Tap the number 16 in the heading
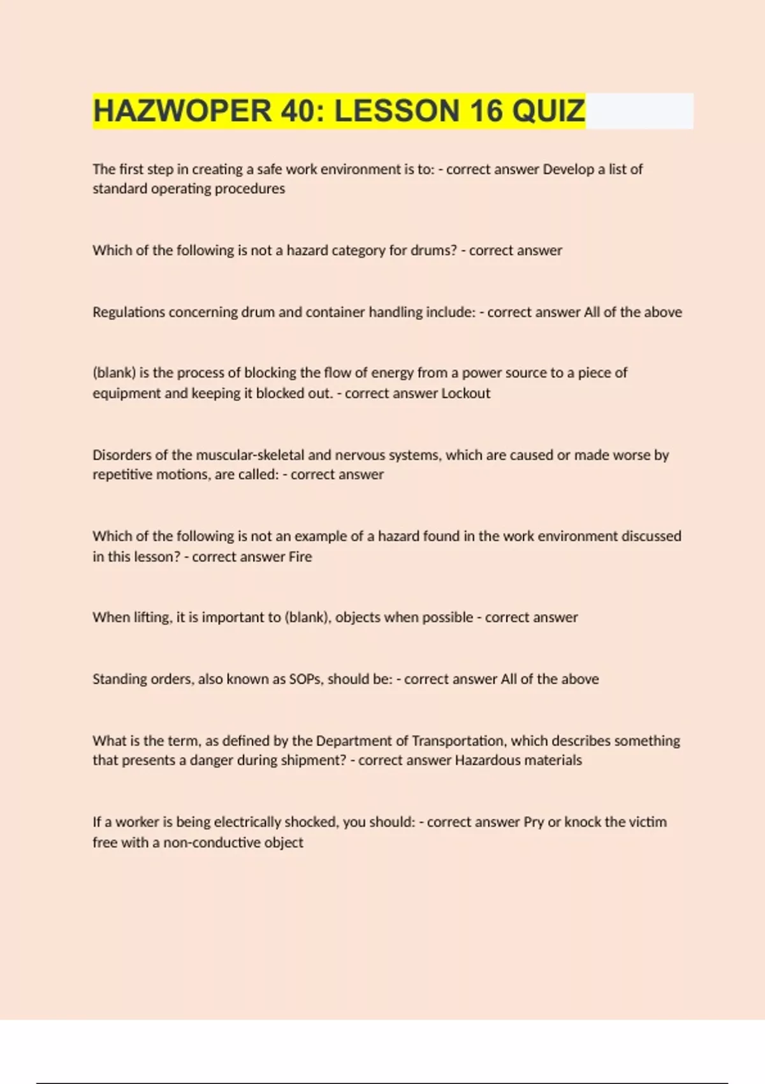point(486,111)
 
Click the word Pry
point(534,822)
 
